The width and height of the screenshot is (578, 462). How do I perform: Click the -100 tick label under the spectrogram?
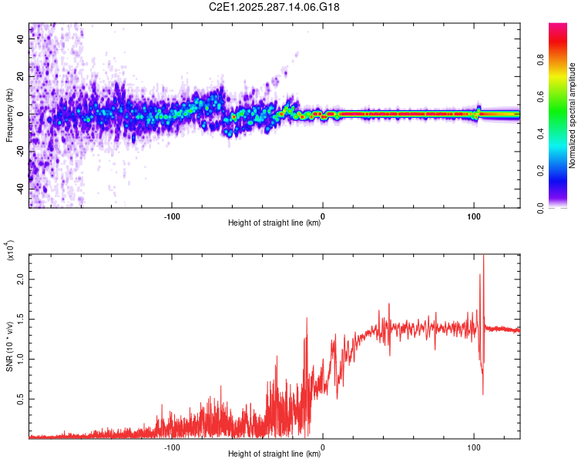coord(172,215)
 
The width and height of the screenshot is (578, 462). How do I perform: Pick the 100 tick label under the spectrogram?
coord(474,215)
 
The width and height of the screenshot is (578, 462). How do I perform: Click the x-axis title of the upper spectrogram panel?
coord(274,223)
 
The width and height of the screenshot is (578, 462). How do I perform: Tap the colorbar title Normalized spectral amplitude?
coord(573,115)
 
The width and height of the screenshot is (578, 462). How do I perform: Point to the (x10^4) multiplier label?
coord(11,252)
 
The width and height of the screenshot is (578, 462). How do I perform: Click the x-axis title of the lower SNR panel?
coord(274,454)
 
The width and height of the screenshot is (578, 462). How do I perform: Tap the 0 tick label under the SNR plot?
coord(323,446)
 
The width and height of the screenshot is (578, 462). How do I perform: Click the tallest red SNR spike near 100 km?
coord(483,257)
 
